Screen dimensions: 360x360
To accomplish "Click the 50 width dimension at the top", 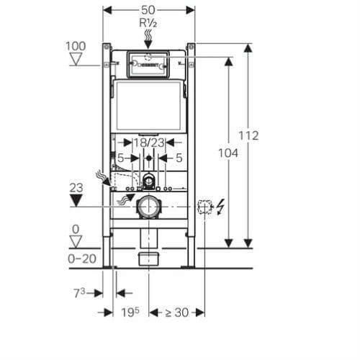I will [149, 10].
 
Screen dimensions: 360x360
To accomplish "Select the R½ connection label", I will [149, 23].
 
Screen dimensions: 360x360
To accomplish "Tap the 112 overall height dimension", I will [248, 135].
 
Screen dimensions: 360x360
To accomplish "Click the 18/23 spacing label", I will [149, 144].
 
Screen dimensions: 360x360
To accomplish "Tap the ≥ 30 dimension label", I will [176, 312].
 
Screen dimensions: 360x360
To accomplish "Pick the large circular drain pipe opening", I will [149, 207].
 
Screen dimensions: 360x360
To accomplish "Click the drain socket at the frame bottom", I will [149, 257].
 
